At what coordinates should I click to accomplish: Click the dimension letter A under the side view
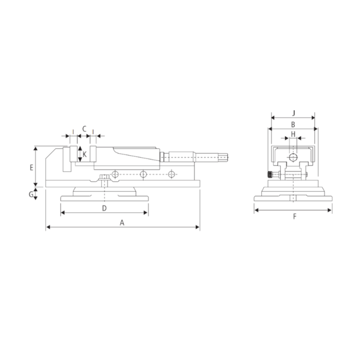point(122,222)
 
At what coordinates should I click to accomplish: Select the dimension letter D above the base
point(104,208)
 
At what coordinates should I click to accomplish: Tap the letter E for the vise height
point(32,167)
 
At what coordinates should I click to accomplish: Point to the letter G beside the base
point(32,194)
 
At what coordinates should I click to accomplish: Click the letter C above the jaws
point(84,128)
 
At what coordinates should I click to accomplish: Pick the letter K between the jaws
point(85,155)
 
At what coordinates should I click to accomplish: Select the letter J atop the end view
point(293,112)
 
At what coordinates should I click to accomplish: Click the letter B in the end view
point(293,124)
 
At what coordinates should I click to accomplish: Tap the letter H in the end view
point(293,135)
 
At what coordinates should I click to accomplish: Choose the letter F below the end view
point(294,216)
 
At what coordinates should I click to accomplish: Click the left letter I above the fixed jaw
point(73,132)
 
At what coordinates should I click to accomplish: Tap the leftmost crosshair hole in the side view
point(115,174)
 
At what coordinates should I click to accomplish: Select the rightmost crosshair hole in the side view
point(171,174)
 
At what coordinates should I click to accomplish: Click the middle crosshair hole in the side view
point(143,174)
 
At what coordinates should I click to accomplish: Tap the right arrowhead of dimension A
point(198,227)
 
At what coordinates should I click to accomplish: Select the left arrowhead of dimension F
point(255,209)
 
